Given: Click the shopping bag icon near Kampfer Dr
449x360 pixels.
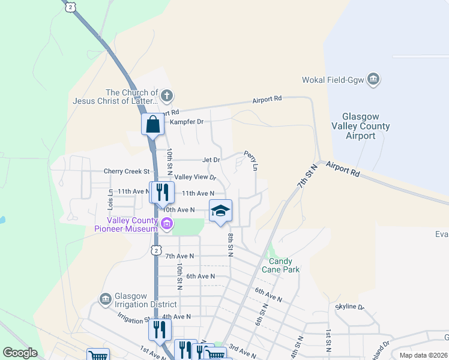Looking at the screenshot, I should (153, 125).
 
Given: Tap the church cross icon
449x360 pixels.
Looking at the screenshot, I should (167, 94).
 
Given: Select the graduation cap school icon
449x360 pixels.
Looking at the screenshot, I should (220, 211).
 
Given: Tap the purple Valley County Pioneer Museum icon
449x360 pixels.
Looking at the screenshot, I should (167, 225).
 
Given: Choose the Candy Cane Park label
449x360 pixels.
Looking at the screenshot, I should (280, 265).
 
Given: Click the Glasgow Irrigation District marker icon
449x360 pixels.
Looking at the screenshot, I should (105, 299).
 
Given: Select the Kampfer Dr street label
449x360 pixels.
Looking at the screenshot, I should (187, 122).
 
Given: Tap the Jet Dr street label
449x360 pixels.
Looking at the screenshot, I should (211, 160).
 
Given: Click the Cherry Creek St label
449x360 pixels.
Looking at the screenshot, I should (126, 171).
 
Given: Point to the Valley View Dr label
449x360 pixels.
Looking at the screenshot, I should (194, 177).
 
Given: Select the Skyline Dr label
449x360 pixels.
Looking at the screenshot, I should (350, 307).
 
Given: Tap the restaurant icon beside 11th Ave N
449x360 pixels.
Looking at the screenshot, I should (160, 192).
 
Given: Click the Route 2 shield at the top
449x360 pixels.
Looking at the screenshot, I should (71, 7).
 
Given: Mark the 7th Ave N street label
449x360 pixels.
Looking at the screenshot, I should (179, 256).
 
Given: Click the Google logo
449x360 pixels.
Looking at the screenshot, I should (20, 353).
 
